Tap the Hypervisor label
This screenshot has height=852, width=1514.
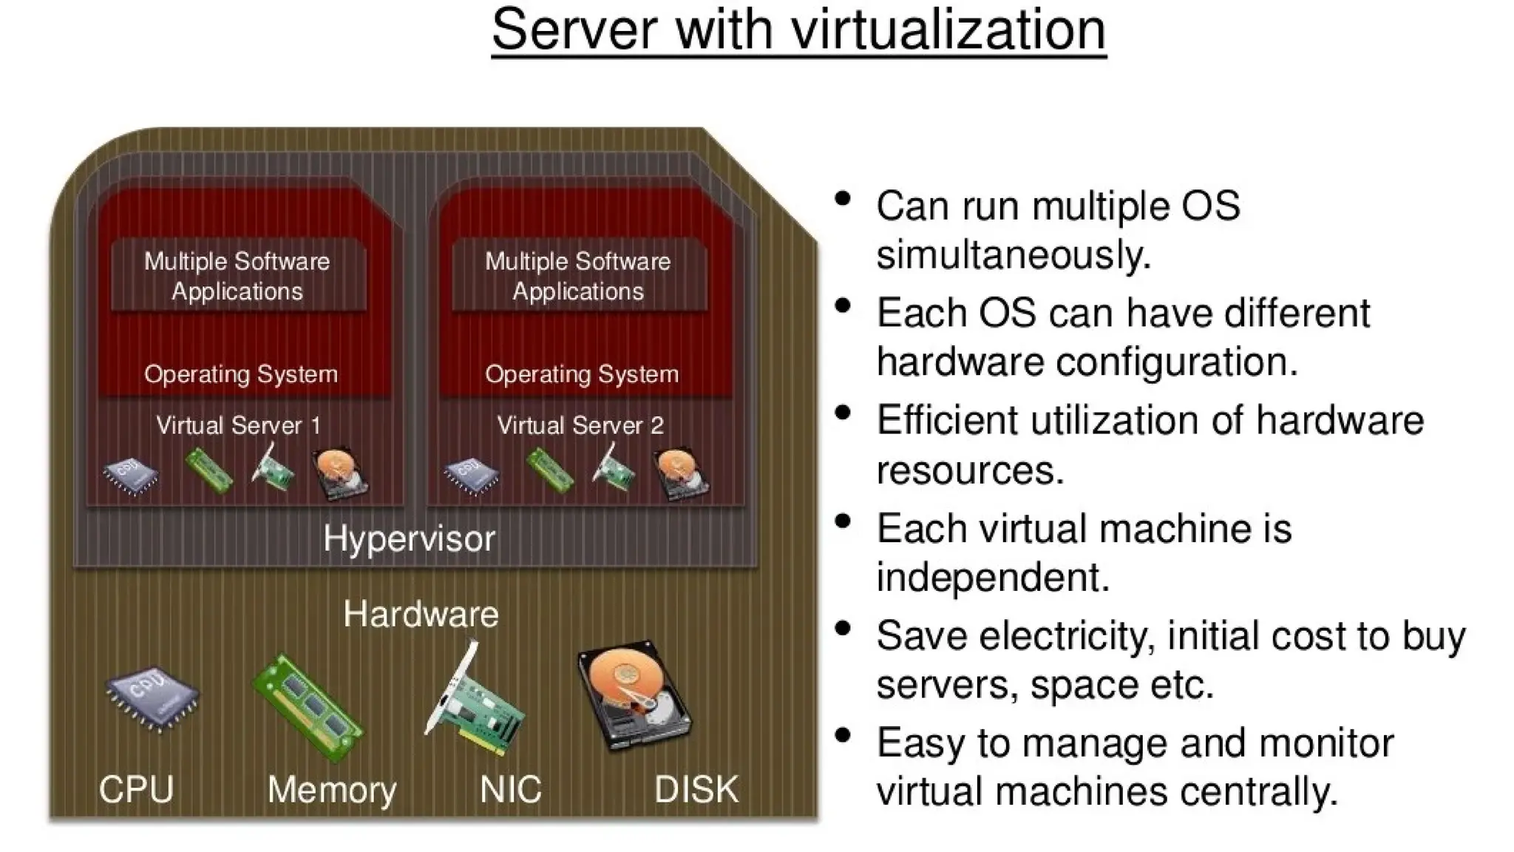tap(409, 538)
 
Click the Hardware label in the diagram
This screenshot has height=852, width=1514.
tap(421, 615)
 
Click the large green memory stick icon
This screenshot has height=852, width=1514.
tap(308, 707)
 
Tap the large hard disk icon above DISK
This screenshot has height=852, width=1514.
tap(634, 695)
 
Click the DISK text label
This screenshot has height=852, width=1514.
tap(696, 790)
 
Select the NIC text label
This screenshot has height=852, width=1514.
tap(510, 790)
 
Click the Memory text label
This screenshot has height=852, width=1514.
tap(332, 790)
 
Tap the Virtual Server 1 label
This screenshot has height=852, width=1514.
tap(238, 426)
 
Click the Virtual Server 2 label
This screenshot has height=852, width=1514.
tap(580, 426)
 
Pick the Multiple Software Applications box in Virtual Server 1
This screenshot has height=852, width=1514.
tap(238, 276)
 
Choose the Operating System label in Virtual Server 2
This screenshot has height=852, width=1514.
tap(582, 374)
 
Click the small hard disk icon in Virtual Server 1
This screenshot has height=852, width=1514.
tap(340, 473)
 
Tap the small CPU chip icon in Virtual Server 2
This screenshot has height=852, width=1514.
tap(471, 475)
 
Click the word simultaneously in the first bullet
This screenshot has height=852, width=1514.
tap(1013, 255)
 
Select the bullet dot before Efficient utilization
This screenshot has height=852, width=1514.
tap(842, 413)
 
